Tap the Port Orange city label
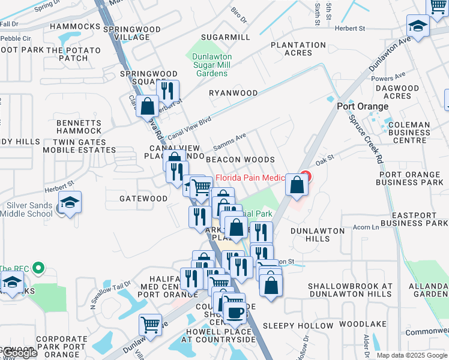click(362, 106)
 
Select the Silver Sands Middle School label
click(29, 209)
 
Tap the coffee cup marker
click(235, 313)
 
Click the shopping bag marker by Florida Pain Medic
click(297, 185)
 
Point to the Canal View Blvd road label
click(190, 128)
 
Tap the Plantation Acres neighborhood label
click(298, 49)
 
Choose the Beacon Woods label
click(240, 160)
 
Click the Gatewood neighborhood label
click(143, 199)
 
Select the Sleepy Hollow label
click(298, 325)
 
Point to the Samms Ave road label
click(229, 143)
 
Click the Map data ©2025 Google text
click(411, 355)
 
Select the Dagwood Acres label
click(401, 92)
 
